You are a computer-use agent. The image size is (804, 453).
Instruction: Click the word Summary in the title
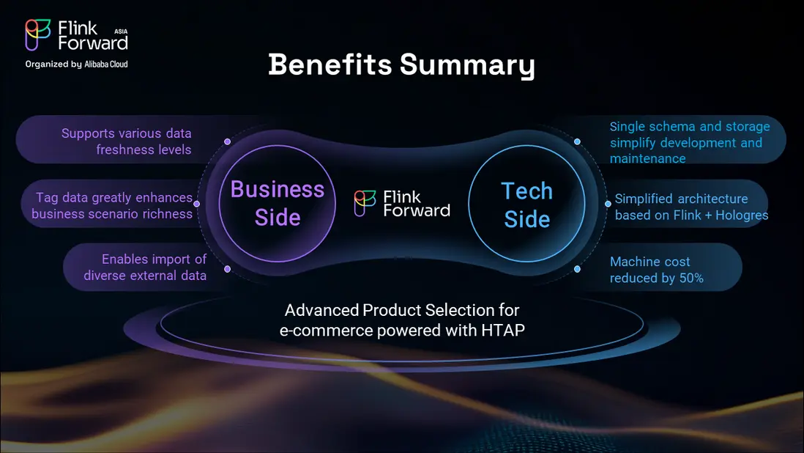click(x=468, y=66)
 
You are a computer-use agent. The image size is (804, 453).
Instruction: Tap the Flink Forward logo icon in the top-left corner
click(x=38, y=35)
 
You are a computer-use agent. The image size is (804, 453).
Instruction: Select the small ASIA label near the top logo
click(x=121, y=32)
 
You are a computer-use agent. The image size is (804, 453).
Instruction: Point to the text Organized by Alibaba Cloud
click(x=76, y=64)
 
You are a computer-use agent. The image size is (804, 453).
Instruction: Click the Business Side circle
click(x=278, y=203)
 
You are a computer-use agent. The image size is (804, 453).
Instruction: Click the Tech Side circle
click(x=526, y=203)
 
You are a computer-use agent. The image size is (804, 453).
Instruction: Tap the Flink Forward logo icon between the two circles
click(x=365, y=203)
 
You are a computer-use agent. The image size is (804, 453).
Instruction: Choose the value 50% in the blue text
click(x=691, y=278)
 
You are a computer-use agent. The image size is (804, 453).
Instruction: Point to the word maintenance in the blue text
click(x=647, y=158)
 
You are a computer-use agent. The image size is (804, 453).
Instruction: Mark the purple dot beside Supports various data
click(x=227, y=141)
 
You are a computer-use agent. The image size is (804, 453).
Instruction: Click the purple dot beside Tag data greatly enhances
click(x=196, y=204)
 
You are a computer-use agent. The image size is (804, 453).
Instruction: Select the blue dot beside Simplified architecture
click(x=608, y=204)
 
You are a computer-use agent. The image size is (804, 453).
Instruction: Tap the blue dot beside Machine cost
click(x=577, y=269)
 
